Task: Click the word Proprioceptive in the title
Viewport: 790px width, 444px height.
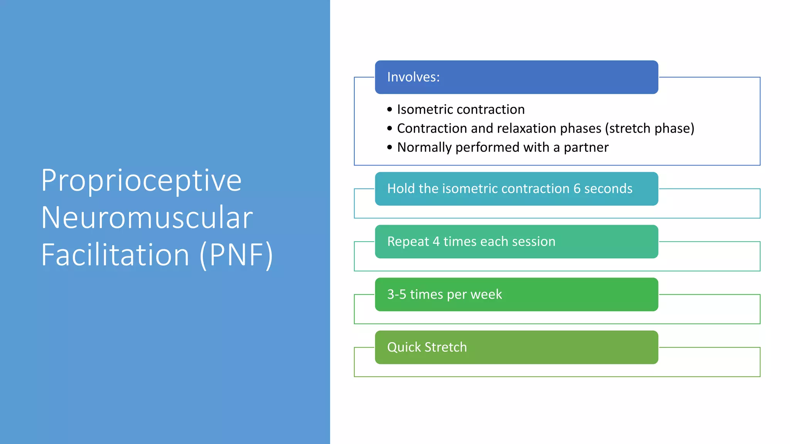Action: click(141, 180)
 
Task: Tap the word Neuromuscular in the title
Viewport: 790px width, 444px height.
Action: click(147, 218)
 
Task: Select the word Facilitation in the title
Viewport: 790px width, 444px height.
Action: click(115, 255)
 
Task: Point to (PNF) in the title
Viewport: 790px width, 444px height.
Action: click(236, 255)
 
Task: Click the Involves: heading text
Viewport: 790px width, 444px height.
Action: click(413, 77)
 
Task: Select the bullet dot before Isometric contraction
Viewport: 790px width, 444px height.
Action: click(390, 110)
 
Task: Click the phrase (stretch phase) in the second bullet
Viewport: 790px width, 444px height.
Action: click(650, 128)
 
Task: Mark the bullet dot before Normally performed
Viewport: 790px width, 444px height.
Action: click(390, 148)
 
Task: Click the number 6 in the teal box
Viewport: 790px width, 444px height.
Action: click(577, 188)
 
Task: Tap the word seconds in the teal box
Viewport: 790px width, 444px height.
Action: click(608, 188)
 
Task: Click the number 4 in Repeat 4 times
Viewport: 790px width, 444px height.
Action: click(436, 242)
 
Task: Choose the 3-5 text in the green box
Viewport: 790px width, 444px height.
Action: click(397, 294)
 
